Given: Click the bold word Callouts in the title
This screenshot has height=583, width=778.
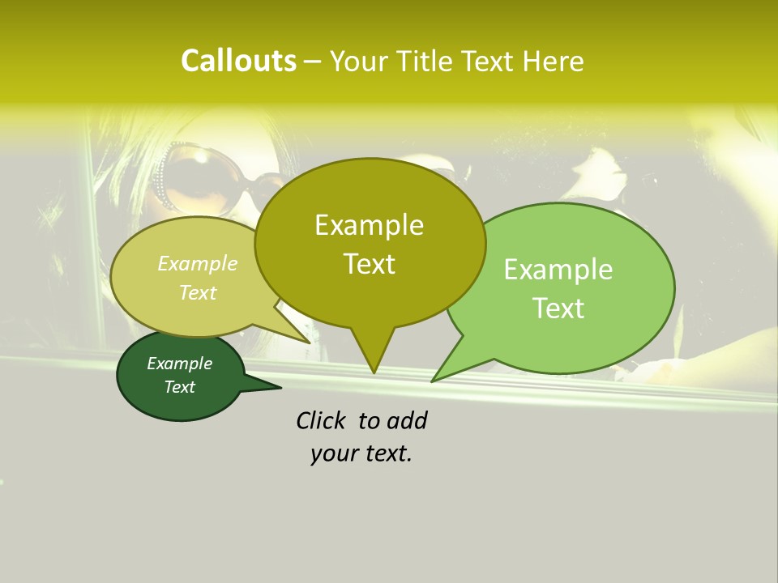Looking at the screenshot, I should [x=238, y=61].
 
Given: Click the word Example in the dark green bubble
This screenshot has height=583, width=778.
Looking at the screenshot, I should [x=179, y=364].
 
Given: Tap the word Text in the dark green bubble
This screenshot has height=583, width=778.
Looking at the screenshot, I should [x=179, y=387].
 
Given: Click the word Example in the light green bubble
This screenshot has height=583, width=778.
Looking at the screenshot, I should [x=558, y=270].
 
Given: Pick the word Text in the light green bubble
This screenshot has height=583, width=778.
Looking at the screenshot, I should [x=558, y=309].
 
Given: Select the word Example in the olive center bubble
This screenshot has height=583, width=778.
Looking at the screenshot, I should [x=369, y=225].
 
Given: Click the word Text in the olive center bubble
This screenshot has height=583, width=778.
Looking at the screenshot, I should [x=369, y=264].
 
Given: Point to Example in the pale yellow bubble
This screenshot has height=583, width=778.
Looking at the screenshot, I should [x=197, y=263].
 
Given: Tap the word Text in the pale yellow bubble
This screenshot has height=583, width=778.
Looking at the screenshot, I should [x=197, y=292].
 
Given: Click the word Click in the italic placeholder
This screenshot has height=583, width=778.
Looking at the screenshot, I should [x=323, y=420].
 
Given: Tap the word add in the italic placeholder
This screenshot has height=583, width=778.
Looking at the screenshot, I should [x=406, y=420].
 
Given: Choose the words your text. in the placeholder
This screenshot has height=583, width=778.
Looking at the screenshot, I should [x=361, y=453].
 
